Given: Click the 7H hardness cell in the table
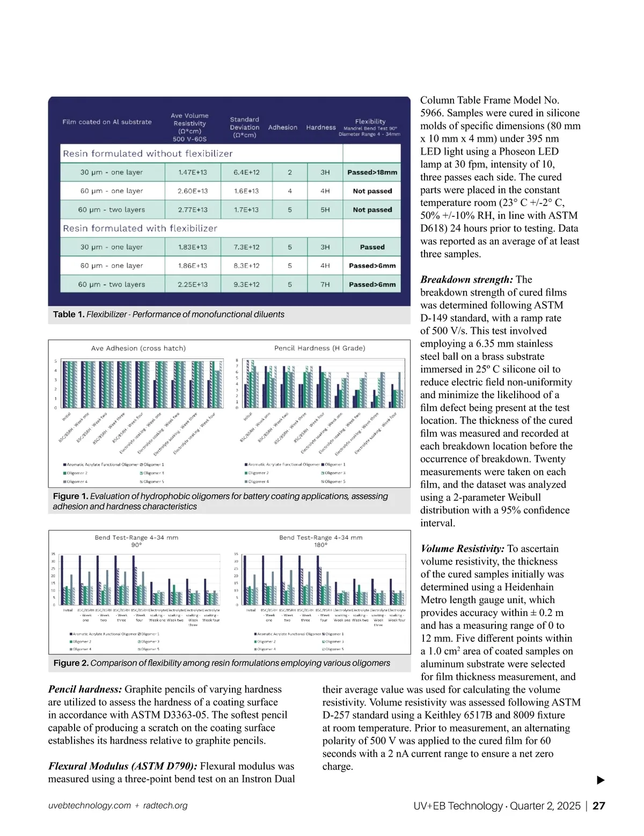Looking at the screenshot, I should click(325, 284).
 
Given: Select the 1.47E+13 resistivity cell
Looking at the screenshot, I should click(193, 172).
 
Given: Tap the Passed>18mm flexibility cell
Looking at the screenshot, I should click(372, 172).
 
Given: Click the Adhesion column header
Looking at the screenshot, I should click(283, 127).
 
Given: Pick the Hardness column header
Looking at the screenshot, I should click(321, 127).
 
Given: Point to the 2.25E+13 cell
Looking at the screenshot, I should click(193, 284).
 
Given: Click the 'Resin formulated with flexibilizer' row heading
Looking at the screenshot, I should click(140, 228).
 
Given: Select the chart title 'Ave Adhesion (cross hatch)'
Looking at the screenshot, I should click(138, 348).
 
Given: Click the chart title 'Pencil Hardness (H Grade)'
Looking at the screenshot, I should click(320, 348).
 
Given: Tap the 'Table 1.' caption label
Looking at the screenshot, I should click(69, 314).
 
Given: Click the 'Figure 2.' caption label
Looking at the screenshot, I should click(71, 663).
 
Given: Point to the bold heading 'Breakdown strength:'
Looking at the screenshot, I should click(467, 280).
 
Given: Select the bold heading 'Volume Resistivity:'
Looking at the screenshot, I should click(463, 549).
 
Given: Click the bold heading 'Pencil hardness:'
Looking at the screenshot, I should click(85, 690).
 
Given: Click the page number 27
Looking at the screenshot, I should click(599, 806).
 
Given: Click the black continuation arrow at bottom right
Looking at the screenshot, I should click(601, 780).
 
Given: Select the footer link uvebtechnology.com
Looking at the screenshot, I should click(90, 806).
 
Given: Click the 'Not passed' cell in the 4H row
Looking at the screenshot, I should click(372, 191).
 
